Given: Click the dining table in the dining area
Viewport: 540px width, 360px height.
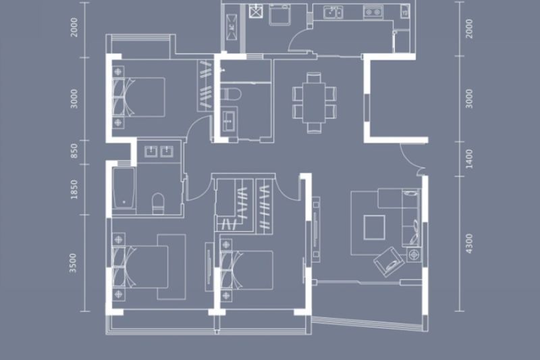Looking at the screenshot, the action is click(314, 102).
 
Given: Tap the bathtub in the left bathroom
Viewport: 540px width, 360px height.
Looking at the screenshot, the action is click(124, 188).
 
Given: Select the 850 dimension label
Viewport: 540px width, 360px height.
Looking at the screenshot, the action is click(74, 151).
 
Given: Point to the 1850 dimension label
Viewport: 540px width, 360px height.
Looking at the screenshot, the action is click(74, 189).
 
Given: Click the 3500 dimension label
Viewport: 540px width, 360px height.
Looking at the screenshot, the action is click(73, 263).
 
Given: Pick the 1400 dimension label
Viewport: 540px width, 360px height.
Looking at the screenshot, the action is click(469, 159).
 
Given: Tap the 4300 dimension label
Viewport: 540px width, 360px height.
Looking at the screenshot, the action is click(469, 244).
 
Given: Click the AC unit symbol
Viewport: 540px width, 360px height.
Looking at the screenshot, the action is click(232, 27).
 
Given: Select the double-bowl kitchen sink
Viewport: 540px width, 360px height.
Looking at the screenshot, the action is click(333, 13).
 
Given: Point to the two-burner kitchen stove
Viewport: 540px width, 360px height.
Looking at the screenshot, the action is click(373, 12).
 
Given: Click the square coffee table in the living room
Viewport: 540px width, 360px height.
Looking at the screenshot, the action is click(375, 228).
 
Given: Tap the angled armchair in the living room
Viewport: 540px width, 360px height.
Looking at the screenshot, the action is click(389, 261).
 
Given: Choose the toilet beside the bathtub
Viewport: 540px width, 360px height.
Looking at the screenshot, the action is click(159, 203).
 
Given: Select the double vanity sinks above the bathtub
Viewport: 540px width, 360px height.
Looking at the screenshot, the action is click(159, 151).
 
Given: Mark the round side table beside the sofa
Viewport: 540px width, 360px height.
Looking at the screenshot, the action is click(414, 255).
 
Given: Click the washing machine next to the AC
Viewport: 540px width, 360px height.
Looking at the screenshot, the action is click(279, 15).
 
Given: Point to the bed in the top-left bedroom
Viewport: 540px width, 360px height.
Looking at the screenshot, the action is click(139, 97).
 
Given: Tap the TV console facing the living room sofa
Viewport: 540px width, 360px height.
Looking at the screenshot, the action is click(316, 230).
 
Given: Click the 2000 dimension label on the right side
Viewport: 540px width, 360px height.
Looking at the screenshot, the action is click(469, 28).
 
